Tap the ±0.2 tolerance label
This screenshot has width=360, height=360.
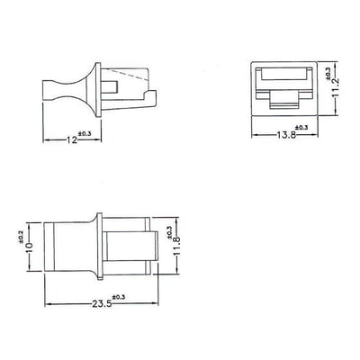point(19,238)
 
